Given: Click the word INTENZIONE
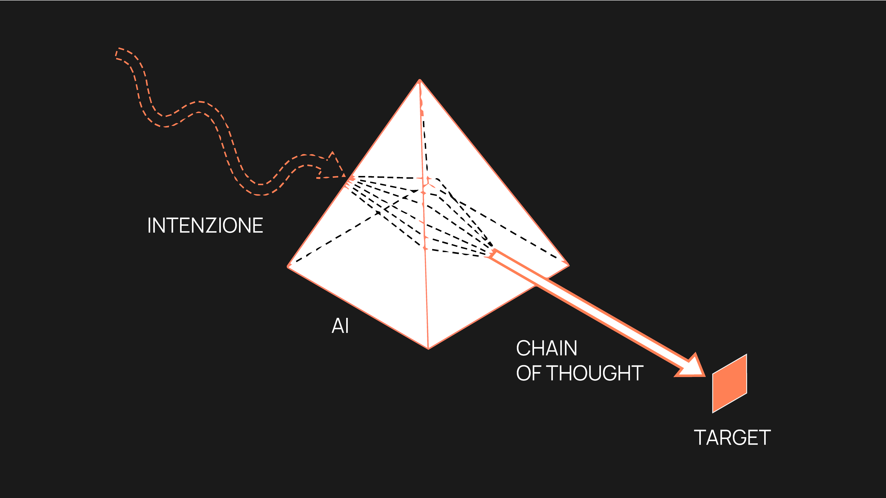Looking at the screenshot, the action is tap(205, 226).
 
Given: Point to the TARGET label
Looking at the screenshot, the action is tap(732, 438).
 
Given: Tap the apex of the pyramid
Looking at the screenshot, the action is tap(420, 80).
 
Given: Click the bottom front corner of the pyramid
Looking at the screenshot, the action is tap(428, 349).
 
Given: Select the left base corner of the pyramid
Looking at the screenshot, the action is tap(288, 266).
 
